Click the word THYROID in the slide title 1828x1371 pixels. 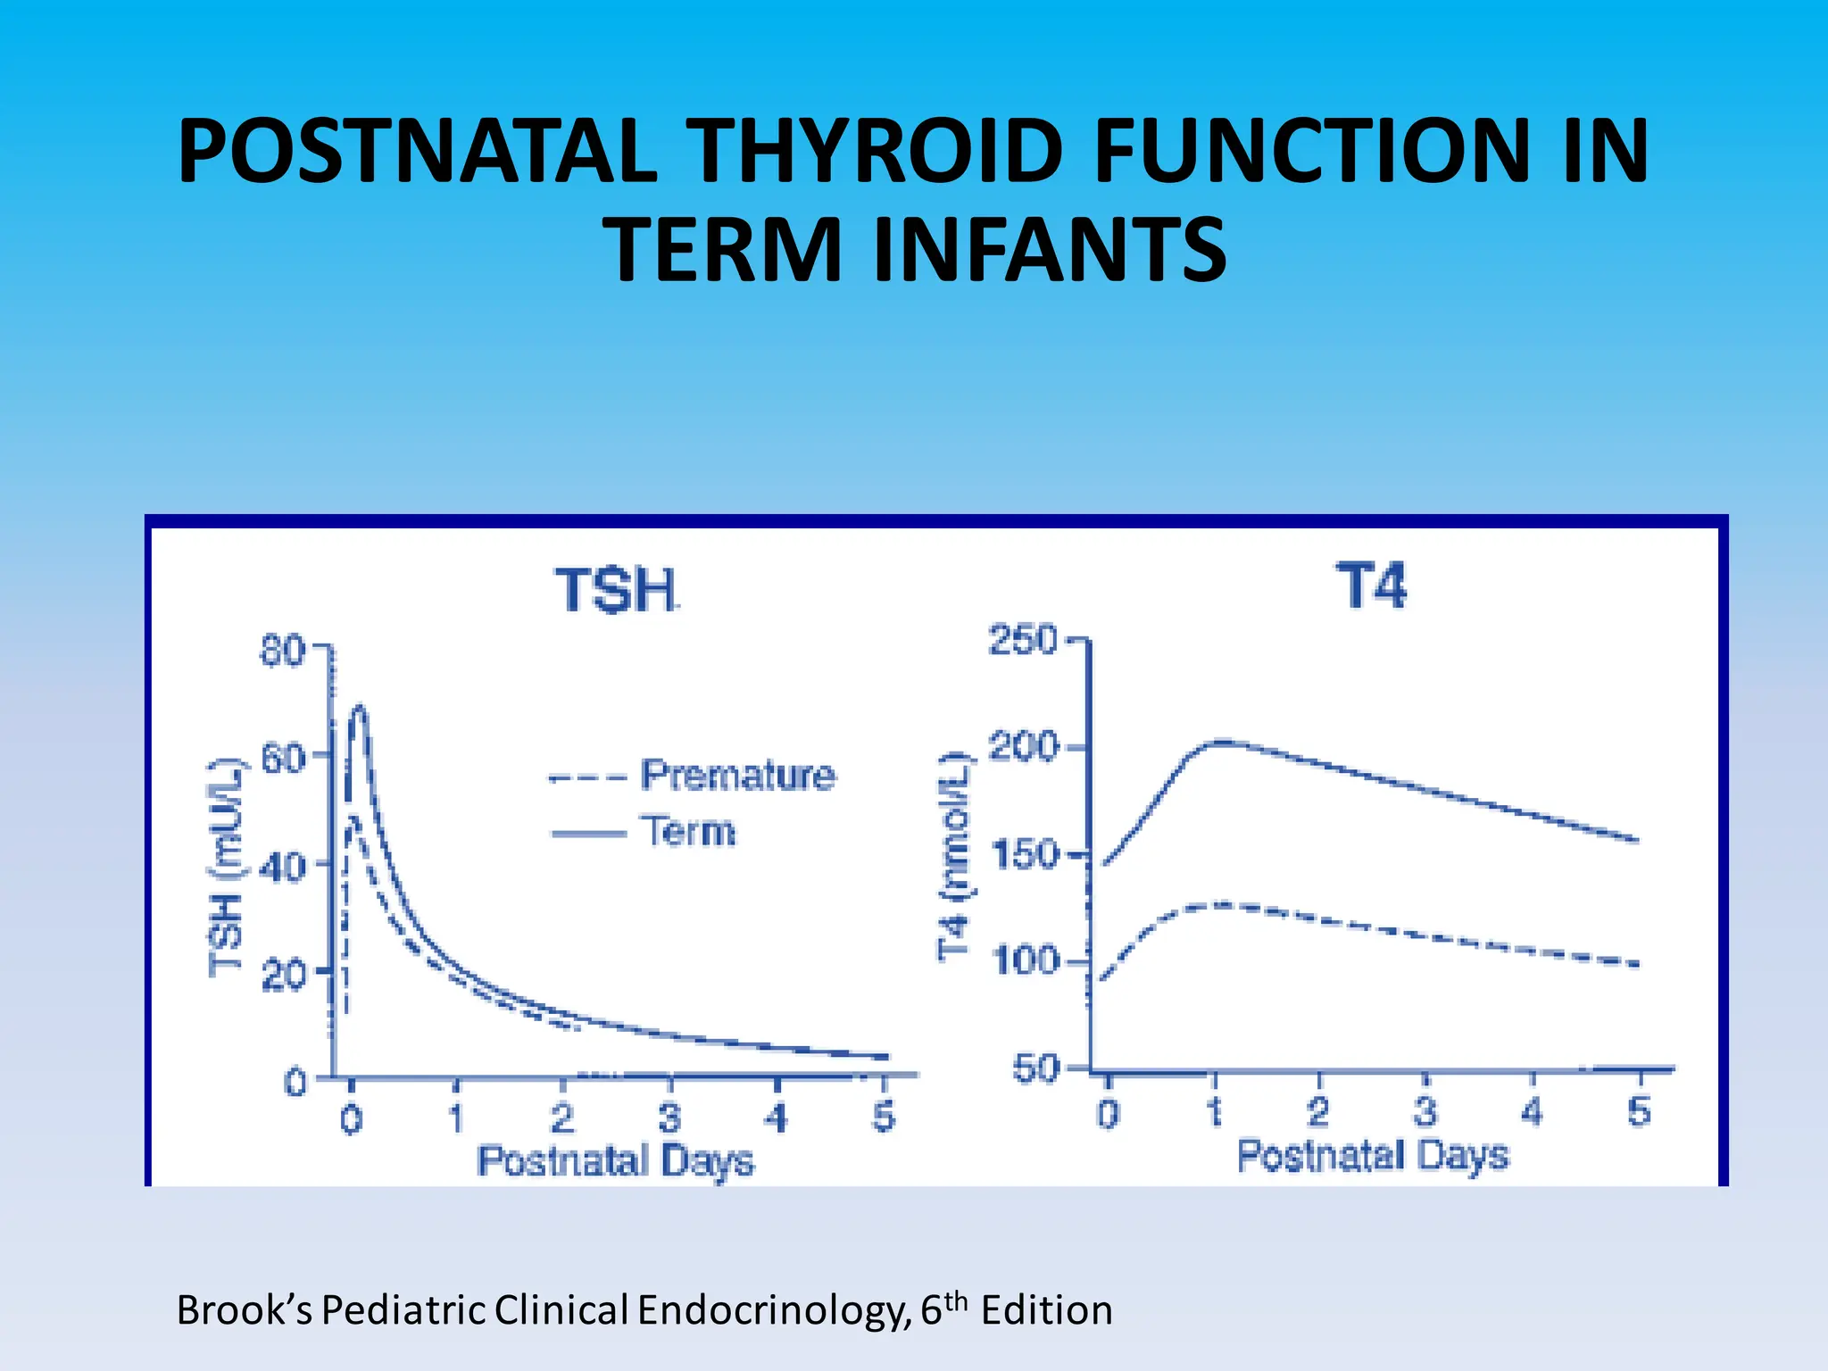pyautogui.click(x=878, y=152)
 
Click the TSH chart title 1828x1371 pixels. pyautogui.click(x=616, y=591)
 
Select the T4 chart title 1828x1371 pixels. pyautogui.click(x=1370, y=586)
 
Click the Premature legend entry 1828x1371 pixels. pyautogui.click(x=737, y=775)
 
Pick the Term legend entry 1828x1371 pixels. pyautogui.click(x=688, y=831)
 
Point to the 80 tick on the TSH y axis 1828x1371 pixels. pyautogui.click(x=283, y=651)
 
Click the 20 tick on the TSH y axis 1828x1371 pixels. pyautogui.click(x=283, y=976)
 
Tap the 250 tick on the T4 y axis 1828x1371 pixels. pyautogui.click(x=1023, y=641)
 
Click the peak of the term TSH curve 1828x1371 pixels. pyautogui.click(x=359, y=708)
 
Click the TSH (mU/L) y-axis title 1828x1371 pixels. pyautogui.click(x=226, y=868)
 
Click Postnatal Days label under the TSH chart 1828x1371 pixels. pyautogui.click(x=615, y=1161)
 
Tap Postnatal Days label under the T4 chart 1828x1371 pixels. pyautogui.click(x=1372, y=1155)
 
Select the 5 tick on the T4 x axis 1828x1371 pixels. pyautogui.click(x=1639, y=1112)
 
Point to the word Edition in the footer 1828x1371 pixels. pyautogui.click(x=1046, y=1310)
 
